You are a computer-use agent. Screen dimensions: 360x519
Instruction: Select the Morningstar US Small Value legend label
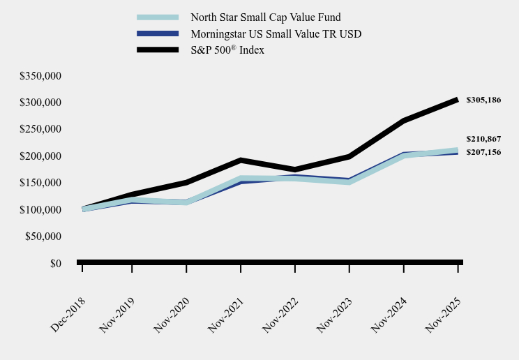point(276,33)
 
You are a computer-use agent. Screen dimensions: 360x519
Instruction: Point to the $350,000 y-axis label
point(40,75)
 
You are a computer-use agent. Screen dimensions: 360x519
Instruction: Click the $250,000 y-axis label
point(40,129)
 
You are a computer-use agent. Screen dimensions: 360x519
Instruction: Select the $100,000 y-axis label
point(40,210)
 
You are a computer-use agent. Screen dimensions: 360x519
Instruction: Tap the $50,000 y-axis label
point(43,237)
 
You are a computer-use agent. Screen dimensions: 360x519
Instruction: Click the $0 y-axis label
point(55,264)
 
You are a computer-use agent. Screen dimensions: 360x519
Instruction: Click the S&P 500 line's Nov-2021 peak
point(241,160)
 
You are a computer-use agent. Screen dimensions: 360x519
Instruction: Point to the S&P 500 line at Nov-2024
point(404,121)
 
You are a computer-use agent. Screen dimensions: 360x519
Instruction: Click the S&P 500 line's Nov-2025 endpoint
point(458,100)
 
